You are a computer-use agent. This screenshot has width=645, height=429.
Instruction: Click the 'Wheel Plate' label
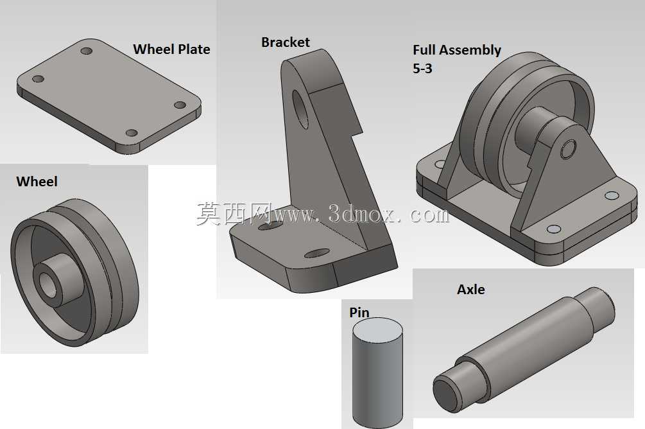pos(171,49)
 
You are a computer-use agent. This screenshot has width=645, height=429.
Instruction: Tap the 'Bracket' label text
pos(286,42)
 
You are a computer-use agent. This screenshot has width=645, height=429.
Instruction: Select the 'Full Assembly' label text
pos(456,50)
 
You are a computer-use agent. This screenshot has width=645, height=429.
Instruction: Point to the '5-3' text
pos(422,68)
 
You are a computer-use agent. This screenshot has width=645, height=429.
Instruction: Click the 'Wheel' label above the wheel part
pos(37,182)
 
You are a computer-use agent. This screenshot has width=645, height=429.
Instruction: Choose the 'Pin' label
pos(359,313)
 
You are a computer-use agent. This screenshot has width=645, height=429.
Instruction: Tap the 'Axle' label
pos(470,290)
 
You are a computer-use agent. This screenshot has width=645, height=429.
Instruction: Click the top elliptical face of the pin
pos(377,331)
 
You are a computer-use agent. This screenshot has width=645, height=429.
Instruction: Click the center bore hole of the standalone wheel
pos(47,284)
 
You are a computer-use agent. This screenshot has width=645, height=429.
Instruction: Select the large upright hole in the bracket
pos(300,109)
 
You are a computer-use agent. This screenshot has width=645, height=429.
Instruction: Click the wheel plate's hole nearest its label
pos(87,51)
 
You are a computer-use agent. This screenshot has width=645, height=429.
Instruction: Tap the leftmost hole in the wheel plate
pos(38,78)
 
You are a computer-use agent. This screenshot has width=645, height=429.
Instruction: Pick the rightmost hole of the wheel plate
pos(180,105)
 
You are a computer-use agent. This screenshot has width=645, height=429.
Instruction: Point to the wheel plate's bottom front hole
pos(132,133)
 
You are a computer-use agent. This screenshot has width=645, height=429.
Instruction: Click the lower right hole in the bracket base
pos(317,253)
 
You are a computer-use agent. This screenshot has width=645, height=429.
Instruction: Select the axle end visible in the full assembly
pos(568,150)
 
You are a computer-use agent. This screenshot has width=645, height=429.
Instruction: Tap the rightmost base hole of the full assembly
pos(612,195)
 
